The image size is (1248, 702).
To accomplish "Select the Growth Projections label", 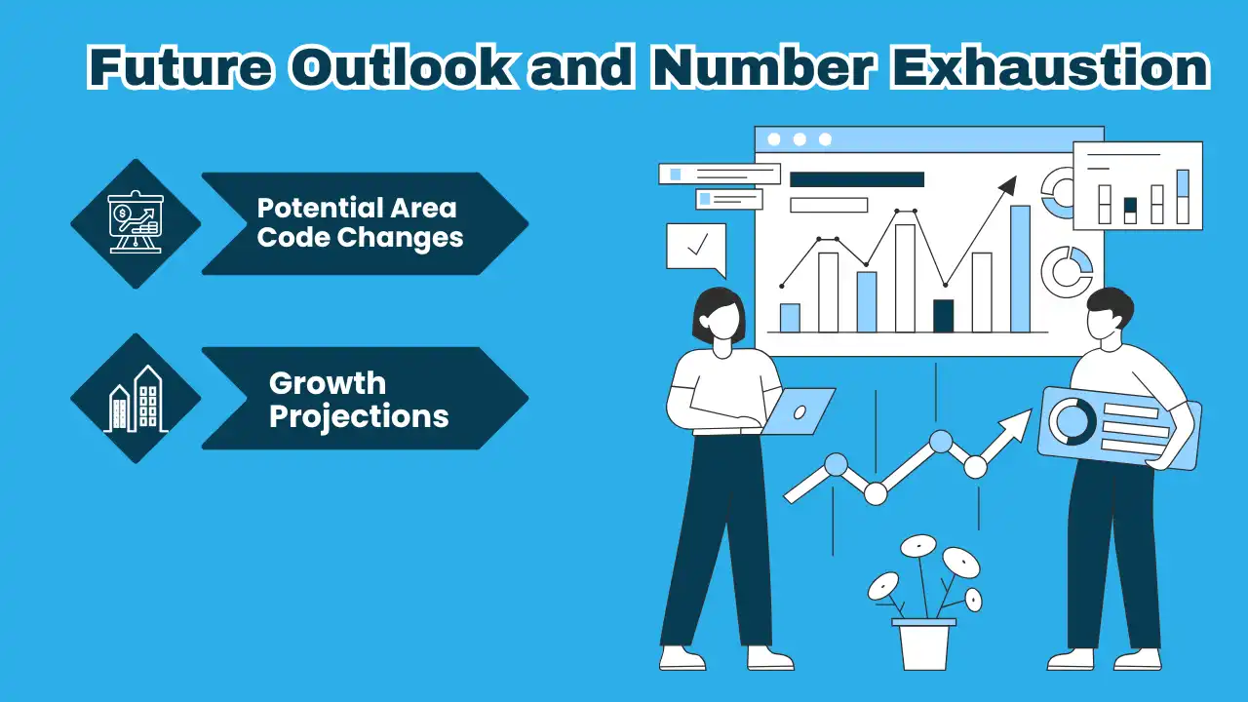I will coord(358,399).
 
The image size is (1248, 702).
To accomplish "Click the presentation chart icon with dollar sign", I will coord(136,224).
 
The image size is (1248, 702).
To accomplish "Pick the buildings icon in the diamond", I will coord(136,399).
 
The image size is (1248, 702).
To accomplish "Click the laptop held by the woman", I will coord(799,410).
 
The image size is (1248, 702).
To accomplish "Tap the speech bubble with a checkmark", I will coord(696,246).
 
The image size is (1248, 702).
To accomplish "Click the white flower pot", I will coord(923,645).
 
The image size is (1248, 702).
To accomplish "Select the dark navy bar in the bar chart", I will coord(943,315).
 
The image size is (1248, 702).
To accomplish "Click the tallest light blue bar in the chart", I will coord(1020,268).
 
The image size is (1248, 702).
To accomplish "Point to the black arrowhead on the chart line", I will coord(1007,185).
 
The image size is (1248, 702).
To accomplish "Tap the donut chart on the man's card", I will coord(1072,420).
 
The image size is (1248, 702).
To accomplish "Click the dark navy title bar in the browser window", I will coord(856,179).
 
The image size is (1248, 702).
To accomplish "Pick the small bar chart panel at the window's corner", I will coord(1137,185).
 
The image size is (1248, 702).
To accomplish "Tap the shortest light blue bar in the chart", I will coord(790,318).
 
